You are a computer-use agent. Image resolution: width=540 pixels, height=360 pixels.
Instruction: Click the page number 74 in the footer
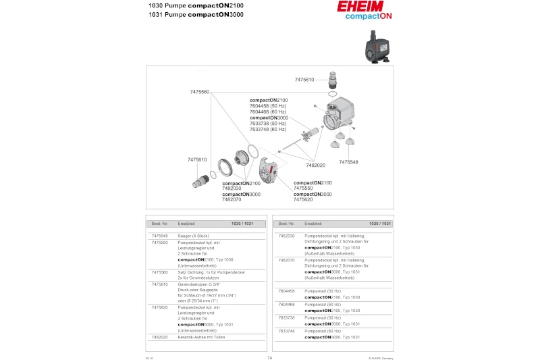click(x=270, y=357)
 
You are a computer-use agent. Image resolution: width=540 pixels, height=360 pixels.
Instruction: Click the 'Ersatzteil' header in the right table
click(x=313, y=223)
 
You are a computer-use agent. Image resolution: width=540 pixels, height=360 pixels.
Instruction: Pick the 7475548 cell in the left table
click(x=159, y=236)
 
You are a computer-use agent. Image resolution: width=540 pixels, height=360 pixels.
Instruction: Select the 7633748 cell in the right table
click(x=286, y=331)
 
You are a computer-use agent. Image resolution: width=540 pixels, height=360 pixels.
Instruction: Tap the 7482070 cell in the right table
click(x=286, y=260)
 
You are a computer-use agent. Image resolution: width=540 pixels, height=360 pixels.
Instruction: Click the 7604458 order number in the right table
click(x=286, y=291)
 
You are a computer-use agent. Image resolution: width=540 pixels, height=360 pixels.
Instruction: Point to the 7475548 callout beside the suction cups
click(x=348, y=162)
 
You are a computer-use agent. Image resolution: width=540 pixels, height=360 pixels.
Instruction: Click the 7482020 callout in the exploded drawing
click(x=315, y=165)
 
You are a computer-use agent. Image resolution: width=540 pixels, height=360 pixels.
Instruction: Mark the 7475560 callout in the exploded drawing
click(x=200, y=92)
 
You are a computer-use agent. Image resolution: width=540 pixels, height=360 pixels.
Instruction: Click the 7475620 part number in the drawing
click(x=303, y=199)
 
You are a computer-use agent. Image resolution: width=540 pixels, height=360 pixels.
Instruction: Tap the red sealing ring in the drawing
click(x=251, y=150)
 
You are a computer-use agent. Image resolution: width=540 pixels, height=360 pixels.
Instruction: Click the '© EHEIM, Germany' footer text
click(x=380, y=358)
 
